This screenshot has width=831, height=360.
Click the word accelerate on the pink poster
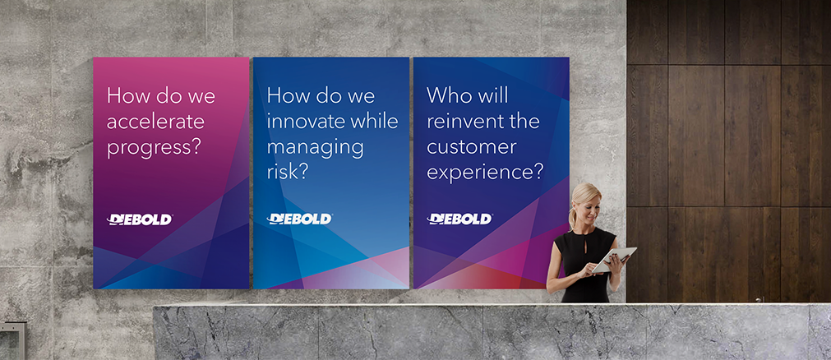click(x=156, y=122)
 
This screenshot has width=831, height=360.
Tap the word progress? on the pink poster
click(x=155, y=148)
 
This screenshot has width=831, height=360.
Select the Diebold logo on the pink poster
click(x=140, y=219)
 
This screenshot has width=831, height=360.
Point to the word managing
click(x=316, y=148)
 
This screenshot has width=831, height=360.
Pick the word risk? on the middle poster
click(x=287, y=172)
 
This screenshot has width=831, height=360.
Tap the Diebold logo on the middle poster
click(x=299, y=219)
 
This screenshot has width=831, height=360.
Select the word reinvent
click(x=460, y=122)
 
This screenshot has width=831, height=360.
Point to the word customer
click(x=471, y=147)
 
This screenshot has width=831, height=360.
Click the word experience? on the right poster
click(x=485, y=173)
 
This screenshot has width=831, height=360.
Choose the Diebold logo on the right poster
click(x=459, y=219)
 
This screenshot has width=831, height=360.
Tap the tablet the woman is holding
click(x=614, y=259)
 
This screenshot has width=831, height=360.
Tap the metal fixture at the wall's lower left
click(x=12, y=340)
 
